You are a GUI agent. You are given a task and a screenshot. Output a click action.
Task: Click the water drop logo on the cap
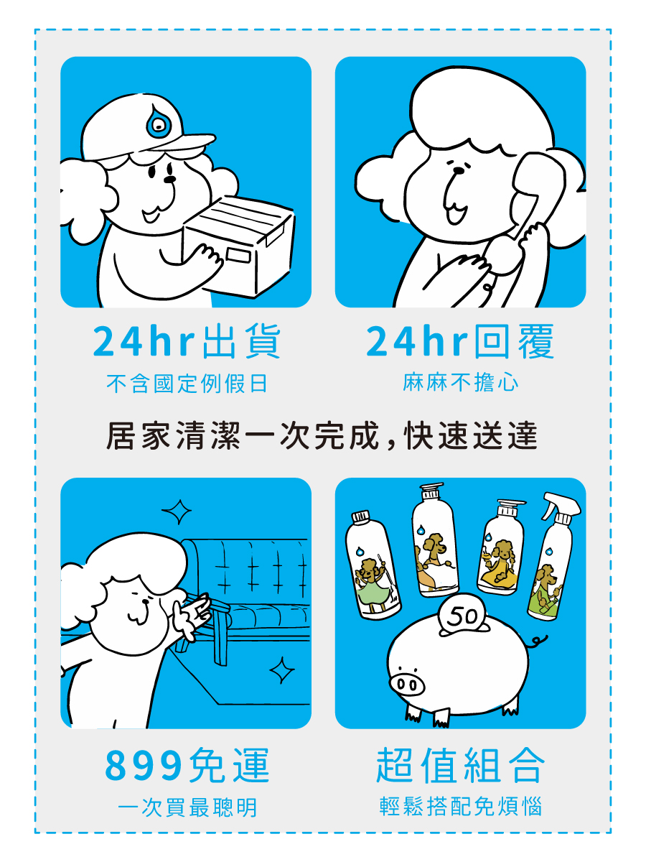[x=156, y=126]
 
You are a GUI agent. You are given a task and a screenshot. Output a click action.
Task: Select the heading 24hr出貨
[x=187, y=343]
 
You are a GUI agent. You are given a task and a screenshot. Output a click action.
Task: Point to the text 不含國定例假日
[x=187, y=384]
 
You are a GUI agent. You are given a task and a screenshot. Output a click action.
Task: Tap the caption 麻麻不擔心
[x=460, y=383]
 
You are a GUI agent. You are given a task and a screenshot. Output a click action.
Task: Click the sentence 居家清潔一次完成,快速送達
[x=322, y=437]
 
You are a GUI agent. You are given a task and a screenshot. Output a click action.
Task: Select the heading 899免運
[x=187, y=766]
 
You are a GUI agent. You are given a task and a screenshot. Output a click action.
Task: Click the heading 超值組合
[x=460, y=766]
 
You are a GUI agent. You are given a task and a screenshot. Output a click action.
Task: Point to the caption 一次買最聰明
[x=187, y=807]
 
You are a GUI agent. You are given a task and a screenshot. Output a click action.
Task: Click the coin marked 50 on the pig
[x=461, y=617]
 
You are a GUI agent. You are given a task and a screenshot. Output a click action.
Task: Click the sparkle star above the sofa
[x=176, y=513]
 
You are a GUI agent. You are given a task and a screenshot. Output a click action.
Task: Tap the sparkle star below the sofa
[x=281, y=670]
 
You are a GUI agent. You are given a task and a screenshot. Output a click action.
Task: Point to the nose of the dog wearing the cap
[x=169, y=177]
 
